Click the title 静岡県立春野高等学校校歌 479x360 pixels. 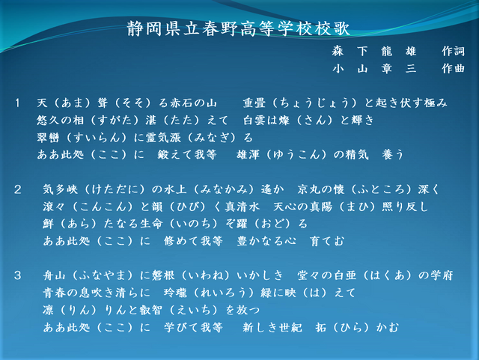(239, 29)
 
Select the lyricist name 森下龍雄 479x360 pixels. (374, 51)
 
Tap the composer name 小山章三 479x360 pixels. (374, 68)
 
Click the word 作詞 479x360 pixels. (453, 51)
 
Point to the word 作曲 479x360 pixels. (453, 68)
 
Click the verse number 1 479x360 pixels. (17, 103)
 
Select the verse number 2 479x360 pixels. (17, 190)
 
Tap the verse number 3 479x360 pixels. (17, 275)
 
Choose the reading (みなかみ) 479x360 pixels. (224, 190)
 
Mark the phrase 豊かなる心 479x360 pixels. (266, 241)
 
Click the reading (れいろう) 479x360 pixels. (224, 293)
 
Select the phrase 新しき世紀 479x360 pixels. (272, 328)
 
